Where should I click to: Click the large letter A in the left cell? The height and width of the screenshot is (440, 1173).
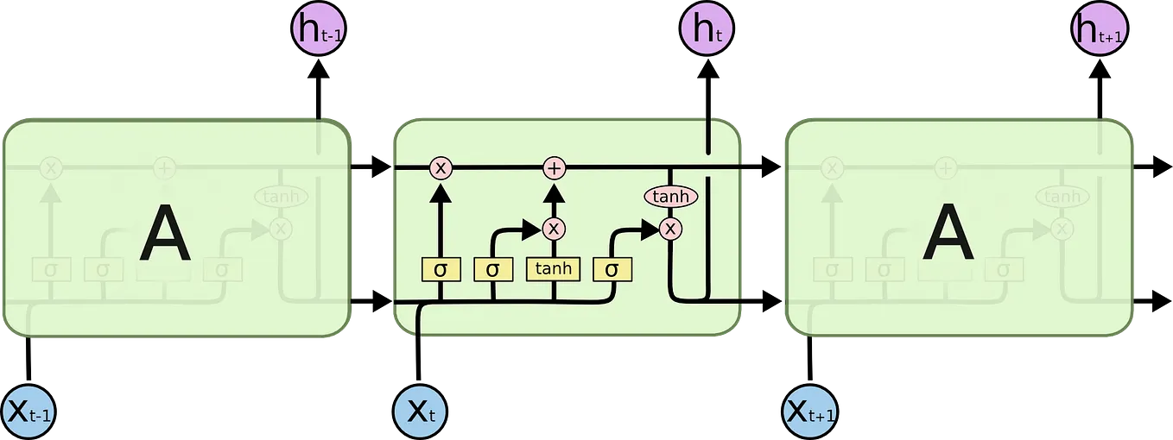coord(164,236)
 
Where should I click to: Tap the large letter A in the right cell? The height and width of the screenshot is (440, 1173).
coord(948,236)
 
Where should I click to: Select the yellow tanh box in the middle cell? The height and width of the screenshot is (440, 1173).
coord(554,269)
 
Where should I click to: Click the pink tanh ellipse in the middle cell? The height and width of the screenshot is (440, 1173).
coord(671,198)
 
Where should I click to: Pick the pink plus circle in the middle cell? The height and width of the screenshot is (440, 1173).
coord(554,167)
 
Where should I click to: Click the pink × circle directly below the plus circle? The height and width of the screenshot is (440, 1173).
coord(554,229)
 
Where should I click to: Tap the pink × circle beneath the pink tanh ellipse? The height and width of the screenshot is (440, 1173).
coord(671,229)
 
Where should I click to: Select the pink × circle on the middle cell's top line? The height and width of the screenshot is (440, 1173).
coord(441,167)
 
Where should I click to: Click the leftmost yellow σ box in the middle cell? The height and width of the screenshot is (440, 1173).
coord(441,269)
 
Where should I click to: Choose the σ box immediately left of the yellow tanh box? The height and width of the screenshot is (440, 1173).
coord(493,269)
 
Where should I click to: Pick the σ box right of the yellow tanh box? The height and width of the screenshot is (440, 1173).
coord(612,269)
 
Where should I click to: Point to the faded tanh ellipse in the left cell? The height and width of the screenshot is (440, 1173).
coord(280,198)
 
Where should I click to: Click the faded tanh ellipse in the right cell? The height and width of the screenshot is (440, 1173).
coord(1062,198)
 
